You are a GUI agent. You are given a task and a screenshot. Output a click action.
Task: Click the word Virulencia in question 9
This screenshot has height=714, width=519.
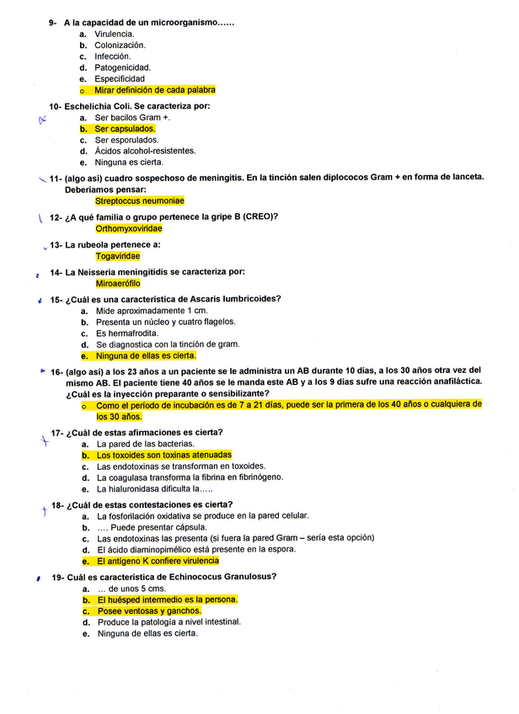coord(115,34)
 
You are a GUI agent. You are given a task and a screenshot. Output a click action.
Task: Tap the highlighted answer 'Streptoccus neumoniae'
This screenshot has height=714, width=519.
coord(140,201)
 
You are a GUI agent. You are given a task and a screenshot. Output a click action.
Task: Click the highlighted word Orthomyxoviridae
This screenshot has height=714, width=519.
coord(129,228)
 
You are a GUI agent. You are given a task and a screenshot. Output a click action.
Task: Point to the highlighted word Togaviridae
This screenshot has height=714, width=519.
coord(118,256)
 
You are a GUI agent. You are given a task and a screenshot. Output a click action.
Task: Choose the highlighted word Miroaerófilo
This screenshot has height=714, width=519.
coord(118,284)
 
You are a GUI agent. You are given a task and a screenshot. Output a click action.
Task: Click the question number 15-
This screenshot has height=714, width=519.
coord(57,299)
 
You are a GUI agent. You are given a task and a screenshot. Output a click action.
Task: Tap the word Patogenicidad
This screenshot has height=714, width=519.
coord(123,67)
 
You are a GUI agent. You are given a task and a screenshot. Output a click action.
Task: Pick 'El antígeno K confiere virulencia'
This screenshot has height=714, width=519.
coord(158,560)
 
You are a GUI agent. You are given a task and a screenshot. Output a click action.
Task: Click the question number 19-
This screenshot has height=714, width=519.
coord(57,577)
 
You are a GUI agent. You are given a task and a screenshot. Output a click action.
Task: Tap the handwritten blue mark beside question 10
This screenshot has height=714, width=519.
coord(40,120)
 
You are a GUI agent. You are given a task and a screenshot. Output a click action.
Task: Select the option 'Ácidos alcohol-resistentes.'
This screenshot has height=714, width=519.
coord(146,151)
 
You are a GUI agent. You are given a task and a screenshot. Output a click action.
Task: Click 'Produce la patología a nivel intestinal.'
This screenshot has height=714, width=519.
coord(169,621)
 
